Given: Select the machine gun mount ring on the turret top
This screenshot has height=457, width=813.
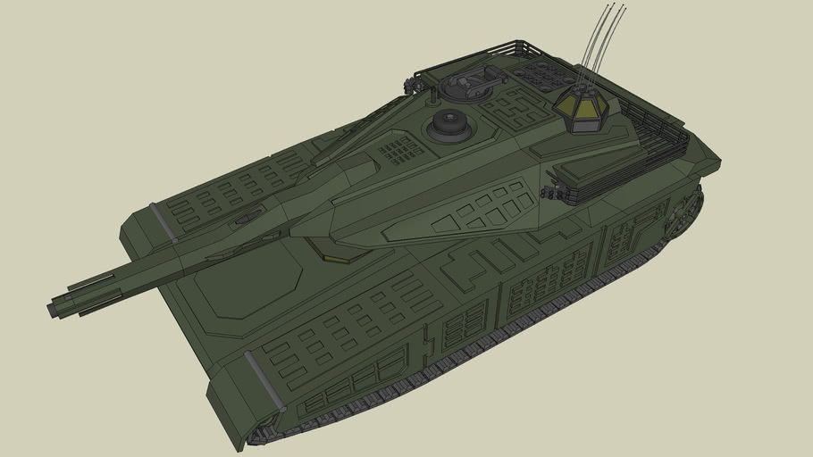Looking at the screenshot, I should (x=466, y=86).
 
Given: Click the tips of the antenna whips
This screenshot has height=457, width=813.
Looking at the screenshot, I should (x=615, y=8).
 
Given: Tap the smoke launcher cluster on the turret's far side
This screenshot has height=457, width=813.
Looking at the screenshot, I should (x=413, y=85).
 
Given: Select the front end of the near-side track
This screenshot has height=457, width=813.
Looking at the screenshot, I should (x=259, y=437).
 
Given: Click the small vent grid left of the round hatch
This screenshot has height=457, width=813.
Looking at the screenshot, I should (x=400, y=149).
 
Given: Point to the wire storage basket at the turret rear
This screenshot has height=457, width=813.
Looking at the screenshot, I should (x=661, y=134).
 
